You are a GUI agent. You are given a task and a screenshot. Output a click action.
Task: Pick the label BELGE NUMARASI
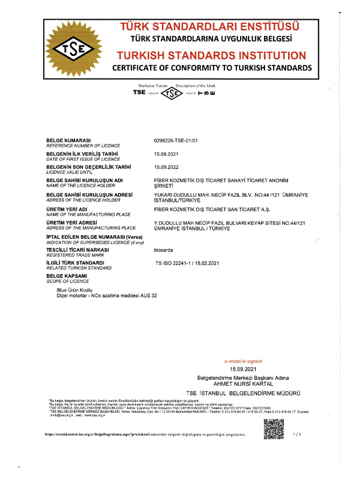coord(68,139)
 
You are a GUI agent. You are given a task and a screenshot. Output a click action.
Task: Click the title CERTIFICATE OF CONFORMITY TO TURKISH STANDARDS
coord(212,68)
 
